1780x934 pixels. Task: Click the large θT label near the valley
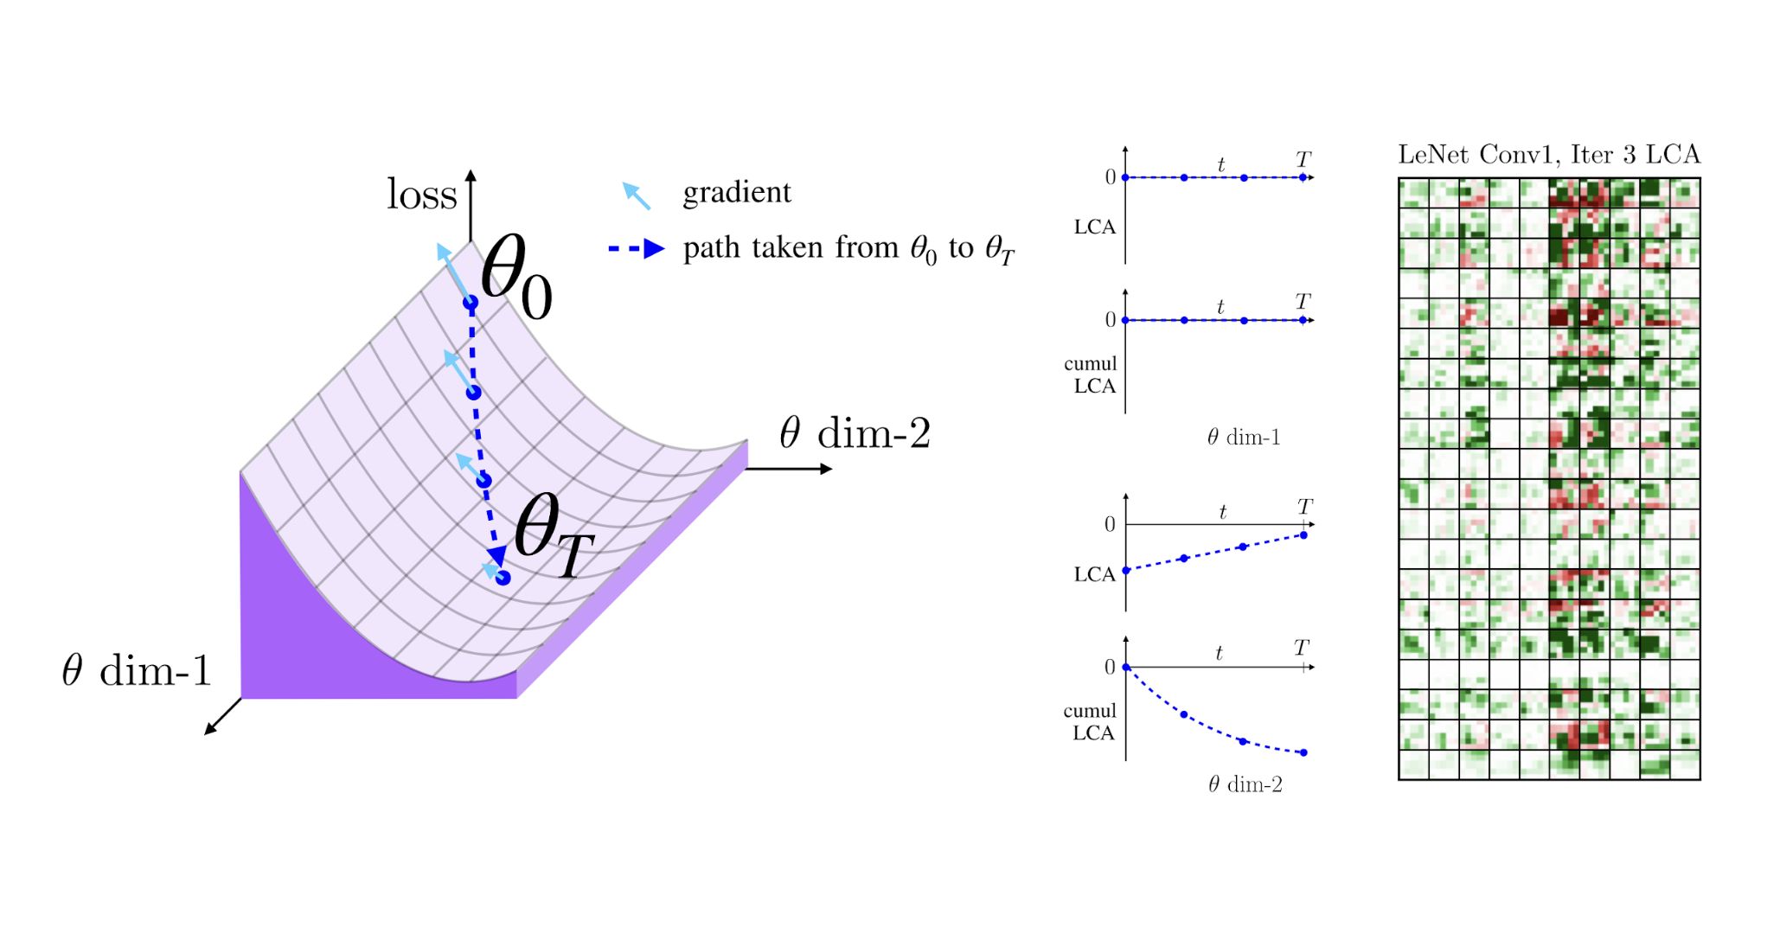[553, 536]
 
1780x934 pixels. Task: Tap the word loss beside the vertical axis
[421, 195]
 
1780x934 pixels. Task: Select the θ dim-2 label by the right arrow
[855, 433]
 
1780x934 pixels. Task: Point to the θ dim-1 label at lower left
[137, 671]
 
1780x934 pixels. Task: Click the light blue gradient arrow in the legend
[636, 196]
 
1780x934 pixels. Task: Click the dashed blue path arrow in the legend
[637, 249]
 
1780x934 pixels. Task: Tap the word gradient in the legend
[736, 192]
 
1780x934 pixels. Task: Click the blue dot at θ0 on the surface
[471, 303]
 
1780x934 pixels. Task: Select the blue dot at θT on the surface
[503, 578]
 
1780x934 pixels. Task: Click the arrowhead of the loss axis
[471, 176]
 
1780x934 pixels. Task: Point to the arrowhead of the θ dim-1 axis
[208, 731]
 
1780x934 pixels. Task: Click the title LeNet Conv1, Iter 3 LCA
[1548, 155]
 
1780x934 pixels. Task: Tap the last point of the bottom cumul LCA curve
[1303, 752]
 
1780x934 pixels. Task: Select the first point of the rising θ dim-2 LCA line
[1126, 571]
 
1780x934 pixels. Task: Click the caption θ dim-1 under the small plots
[1243, 438]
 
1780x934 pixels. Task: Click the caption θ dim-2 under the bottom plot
[1245, 784]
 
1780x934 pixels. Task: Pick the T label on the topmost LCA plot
[1303, 160]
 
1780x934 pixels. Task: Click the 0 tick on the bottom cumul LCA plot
[1110, 667]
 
